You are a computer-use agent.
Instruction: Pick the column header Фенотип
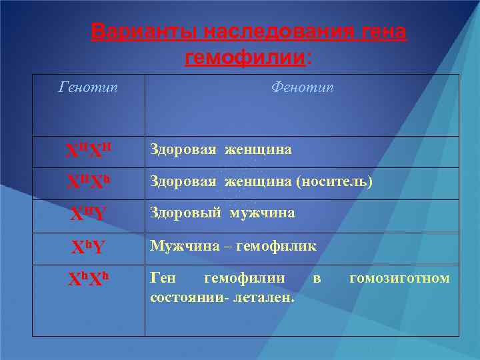click(x=302, y=87)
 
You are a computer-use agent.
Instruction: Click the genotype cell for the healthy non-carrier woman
click(x=88, y=152)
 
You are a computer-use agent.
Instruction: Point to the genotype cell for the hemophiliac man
click(x=88, y=247)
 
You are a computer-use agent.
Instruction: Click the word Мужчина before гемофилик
click(x=183, y=246)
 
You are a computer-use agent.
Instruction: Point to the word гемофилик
click(x=279, y=246)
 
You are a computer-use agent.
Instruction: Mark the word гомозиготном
click(x=399, y=278)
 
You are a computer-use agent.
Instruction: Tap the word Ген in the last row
click(x=163, y=278)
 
